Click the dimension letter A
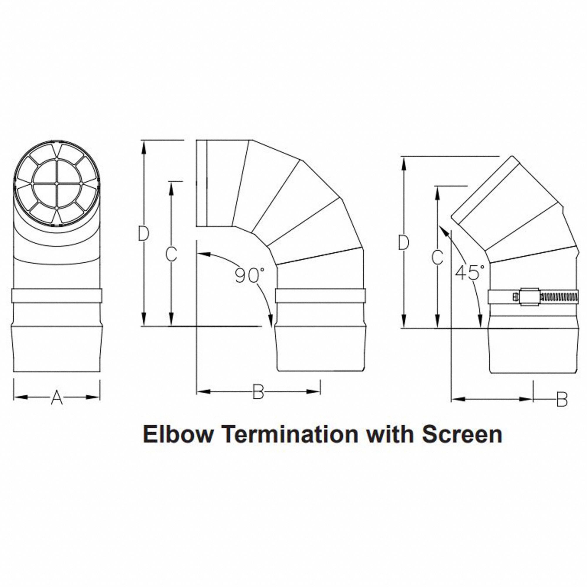pos(57,398)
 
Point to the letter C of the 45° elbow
pos(437,257)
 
